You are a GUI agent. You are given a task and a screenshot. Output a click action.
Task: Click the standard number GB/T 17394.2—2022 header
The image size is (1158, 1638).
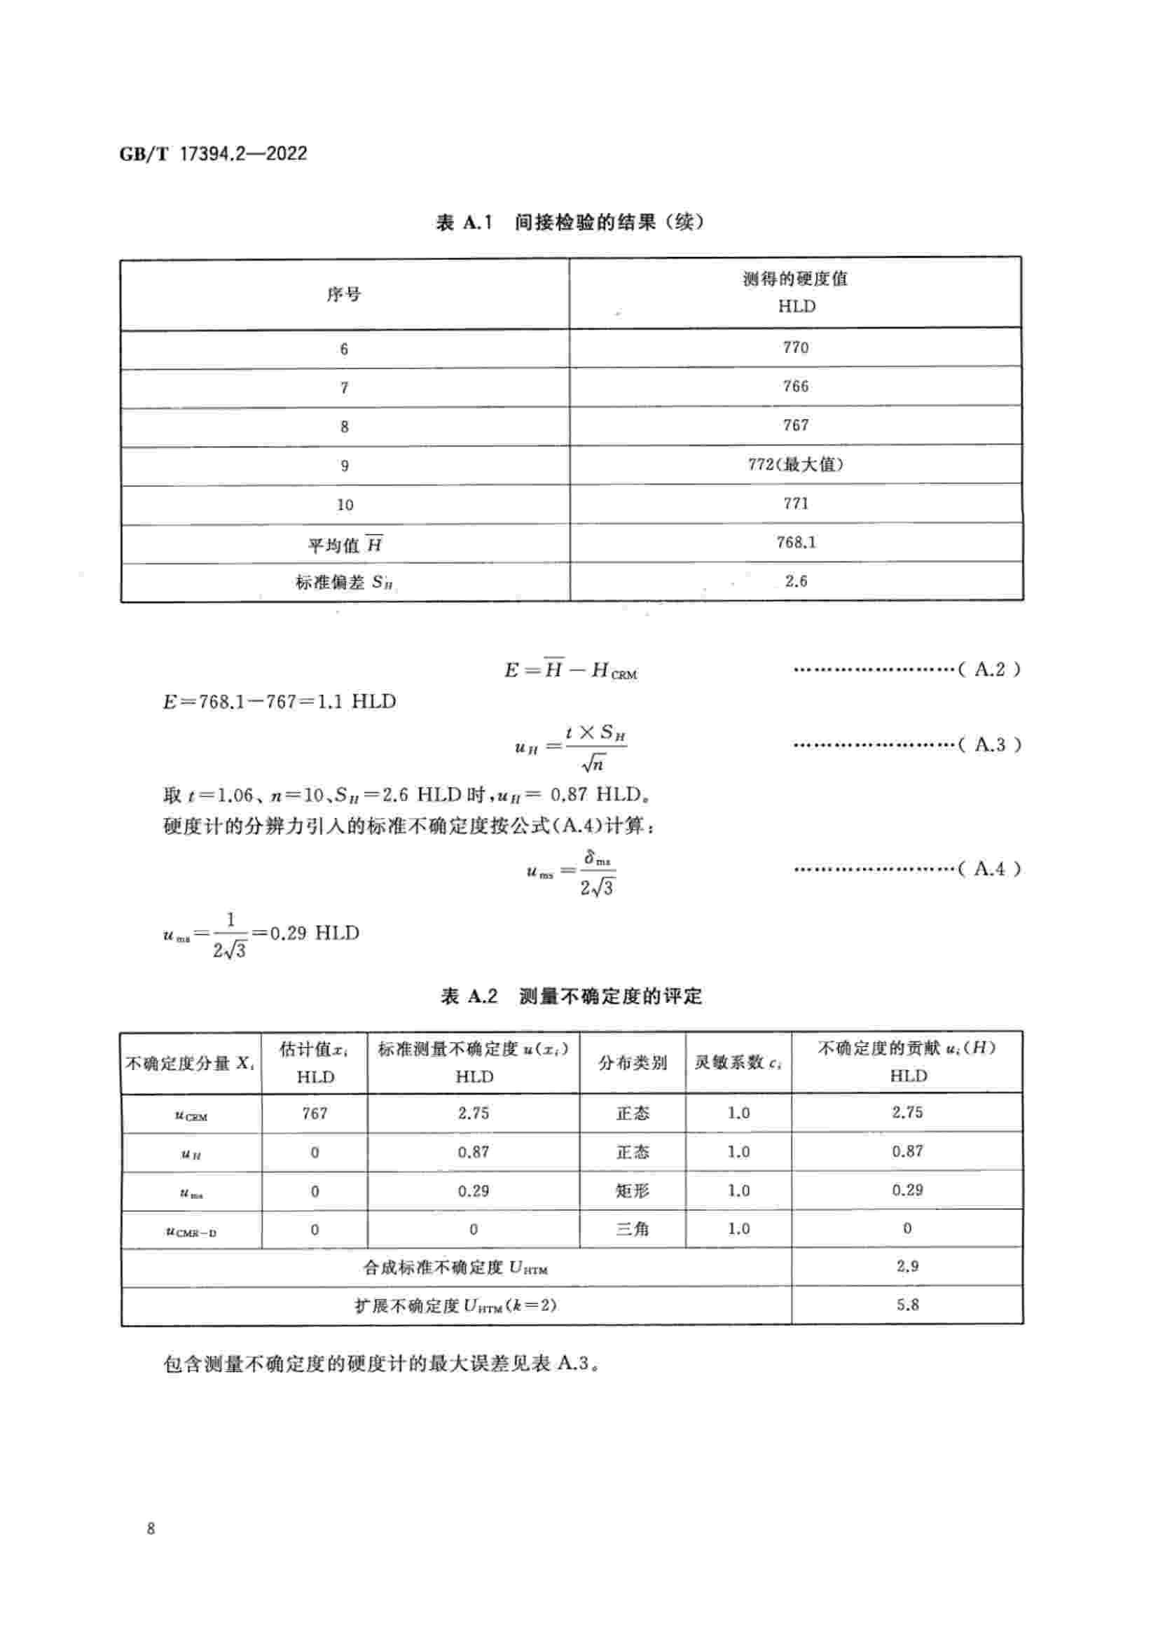click(213, 153)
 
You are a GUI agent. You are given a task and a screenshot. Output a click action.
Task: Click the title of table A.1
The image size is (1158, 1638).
click(570, 223)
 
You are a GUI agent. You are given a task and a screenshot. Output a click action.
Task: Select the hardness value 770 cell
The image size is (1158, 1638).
click(796, 347)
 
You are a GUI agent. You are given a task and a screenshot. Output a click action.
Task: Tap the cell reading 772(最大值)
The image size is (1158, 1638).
click(796, 464)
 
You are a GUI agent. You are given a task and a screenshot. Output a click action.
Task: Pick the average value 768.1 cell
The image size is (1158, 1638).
click(796, 542)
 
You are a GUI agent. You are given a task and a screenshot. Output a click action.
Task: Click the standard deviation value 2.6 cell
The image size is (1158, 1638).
click(796, 581)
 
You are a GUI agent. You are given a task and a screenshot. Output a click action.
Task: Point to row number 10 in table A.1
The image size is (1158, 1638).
click(345, 505)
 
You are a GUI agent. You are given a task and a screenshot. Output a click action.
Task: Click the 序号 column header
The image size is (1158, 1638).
click(344, 294)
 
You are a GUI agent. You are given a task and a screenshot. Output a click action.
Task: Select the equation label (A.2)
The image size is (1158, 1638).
click(989, 669)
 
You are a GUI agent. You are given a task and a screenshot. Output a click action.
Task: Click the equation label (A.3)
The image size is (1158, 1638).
click(989, 745)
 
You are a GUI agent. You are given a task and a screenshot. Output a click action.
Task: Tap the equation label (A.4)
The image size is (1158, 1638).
click(989, 869)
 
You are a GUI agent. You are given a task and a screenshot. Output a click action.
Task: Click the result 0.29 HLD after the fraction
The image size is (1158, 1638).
click(314, 933)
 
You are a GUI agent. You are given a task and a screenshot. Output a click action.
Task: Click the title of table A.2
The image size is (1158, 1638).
click(571, 996)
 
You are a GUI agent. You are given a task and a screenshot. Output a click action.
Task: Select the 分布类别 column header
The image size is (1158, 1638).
click(632, 1063)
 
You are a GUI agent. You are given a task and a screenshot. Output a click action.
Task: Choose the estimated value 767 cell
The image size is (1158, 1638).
click(315, 1113)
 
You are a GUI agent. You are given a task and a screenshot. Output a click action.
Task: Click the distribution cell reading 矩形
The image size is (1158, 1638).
click(632, 1191)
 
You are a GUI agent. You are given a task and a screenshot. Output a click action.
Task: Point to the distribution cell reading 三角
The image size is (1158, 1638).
click(632, 1229)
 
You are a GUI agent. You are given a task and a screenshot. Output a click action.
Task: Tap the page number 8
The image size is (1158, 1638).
click(151, 1528)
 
